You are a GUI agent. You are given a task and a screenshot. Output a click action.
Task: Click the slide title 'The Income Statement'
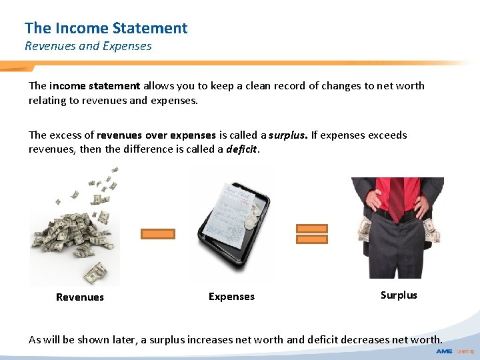click(106, 28)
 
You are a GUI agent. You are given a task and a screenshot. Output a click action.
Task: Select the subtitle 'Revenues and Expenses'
click(88, 46)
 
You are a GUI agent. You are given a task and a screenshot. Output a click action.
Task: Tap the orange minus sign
click(158, 234)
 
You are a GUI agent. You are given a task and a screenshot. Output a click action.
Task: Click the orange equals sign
click(311, 233)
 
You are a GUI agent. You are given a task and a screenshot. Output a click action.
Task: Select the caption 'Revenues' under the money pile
click(80, 297)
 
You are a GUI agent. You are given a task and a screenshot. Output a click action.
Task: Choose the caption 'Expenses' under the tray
click(231, 297)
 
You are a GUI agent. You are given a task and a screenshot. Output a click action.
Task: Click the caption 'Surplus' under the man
click(399, 295)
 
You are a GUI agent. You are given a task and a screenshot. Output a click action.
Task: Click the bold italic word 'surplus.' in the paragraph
click(288, 135)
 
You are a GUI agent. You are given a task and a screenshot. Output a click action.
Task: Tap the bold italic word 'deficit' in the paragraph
click(241, 149)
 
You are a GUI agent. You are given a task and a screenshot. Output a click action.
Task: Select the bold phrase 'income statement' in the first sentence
click(95, 86)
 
